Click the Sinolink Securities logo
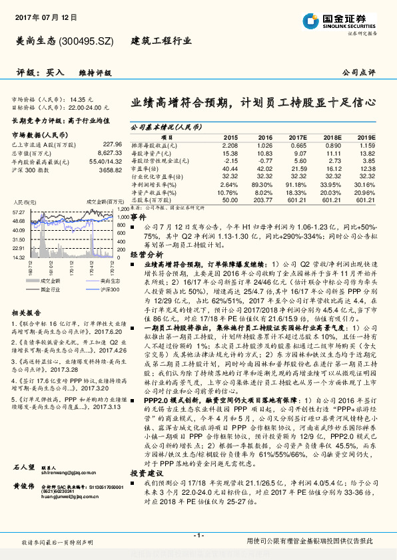coord(343,21)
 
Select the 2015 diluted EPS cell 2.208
coord(230,145)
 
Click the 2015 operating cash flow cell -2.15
coord(230,160)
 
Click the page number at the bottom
coord(198,535)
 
